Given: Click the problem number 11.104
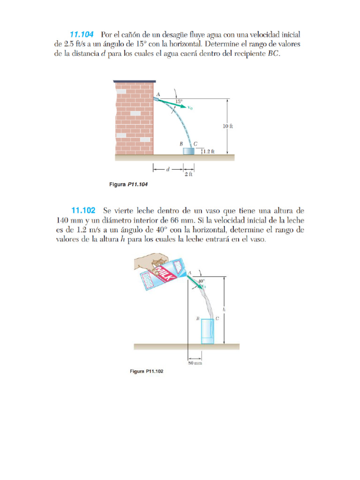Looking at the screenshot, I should click(82, 34).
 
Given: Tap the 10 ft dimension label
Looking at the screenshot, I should click(228, 126).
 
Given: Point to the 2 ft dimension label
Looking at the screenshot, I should click(189, 174).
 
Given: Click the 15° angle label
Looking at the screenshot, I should click(179, 101).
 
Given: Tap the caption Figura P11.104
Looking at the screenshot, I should click(128, 185).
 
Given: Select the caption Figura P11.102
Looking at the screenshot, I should click(147, 372).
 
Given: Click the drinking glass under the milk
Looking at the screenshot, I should click(208, 332).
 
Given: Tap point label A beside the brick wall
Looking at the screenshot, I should click(158, 94).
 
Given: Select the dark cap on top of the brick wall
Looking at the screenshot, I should click(135, 82).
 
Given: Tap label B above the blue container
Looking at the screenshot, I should click(181, 144).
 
